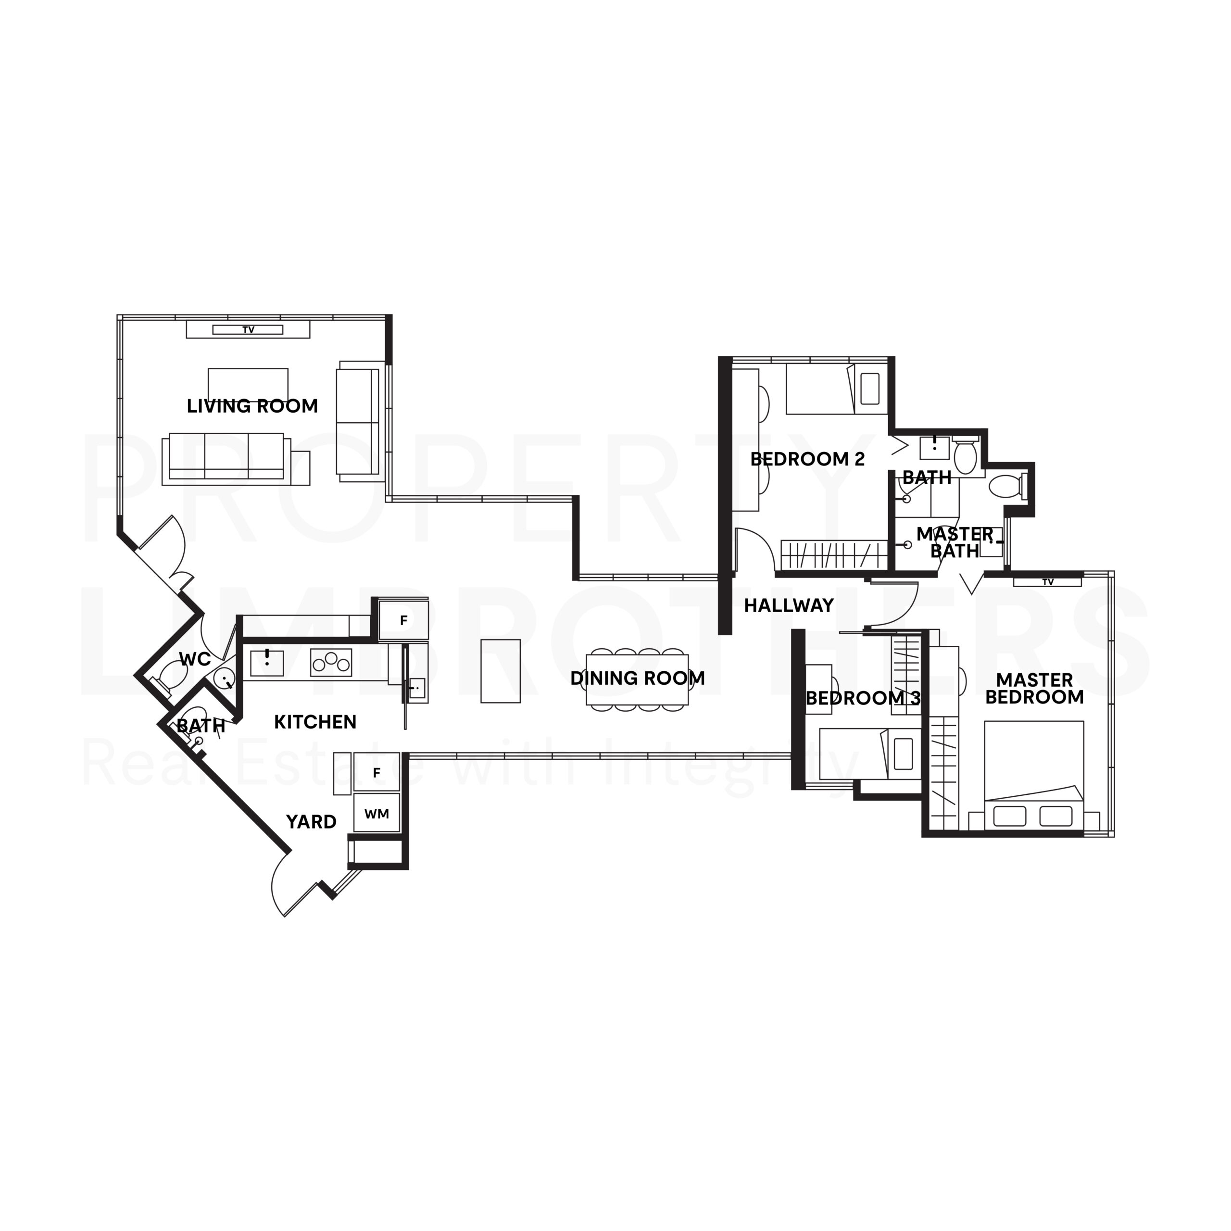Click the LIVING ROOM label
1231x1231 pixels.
click(252, 406)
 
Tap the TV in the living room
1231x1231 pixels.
click(248, 329)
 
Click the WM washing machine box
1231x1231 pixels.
click(377, 813)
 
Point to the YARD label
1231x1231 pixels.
click(311, 822)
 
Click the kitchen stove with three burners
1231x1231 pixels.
click(331, 662)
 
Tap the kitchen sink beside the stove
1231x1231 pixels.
click(267, 662)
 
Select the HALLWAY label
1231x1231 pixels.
click(789, 605)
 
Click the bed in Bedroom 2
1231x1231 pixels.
click(833, 389)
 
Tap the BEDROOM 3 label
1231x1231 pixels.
click(863, 698)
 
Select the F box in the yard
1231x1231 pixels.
click(377, 773)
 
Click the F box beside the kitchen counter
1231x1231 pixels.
click(403, 620)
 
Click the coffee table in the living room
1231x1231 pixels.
click(248, 385)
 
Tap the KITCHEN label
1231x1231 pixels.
click(315, 722)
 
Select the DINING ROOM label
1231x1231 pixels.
click(637, 678)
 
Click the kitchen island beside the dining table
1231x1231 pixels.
click(500, 671)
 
